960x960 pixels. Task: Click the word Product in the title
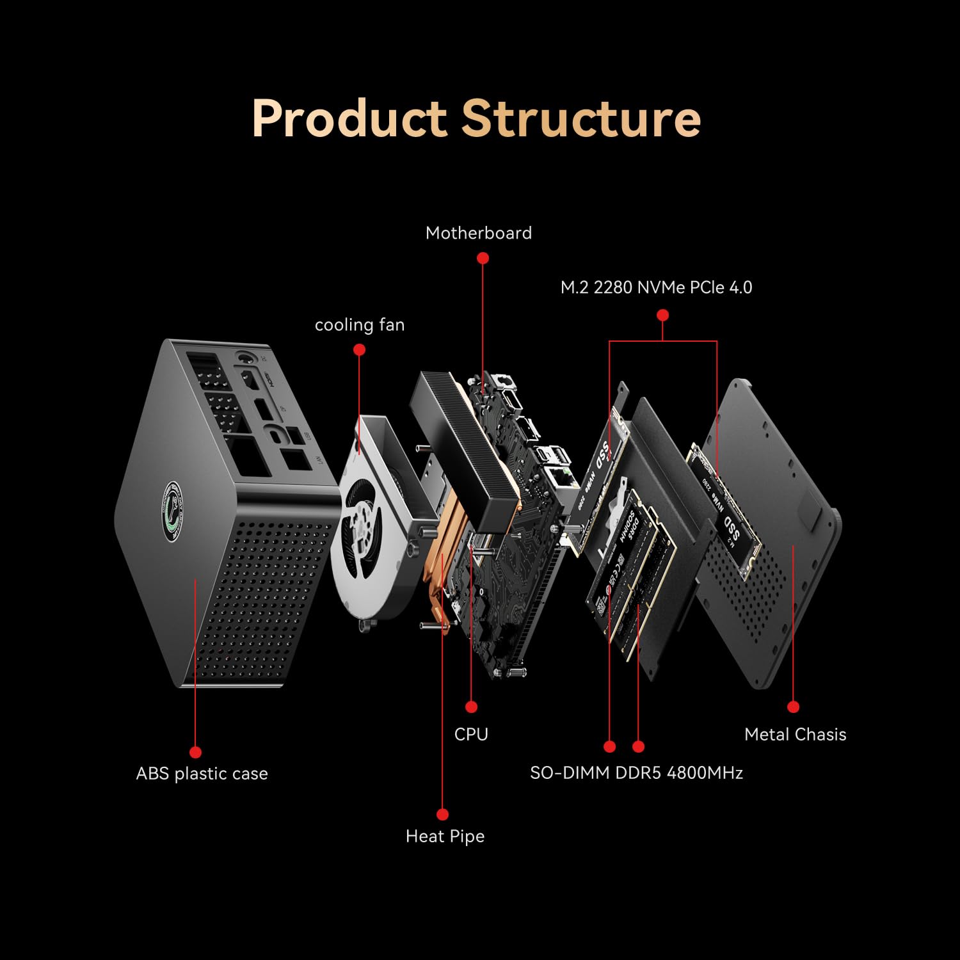(349, 119)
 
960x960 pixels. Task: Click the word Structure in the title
(580, 119)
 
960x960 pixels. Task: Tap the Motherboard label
(479, 233)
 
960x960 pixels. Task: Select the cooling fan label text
(360, 325)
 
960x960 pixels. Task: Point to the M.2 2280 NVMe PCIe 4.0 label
(656, 288)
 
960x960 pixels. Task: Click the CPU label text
(471, 734)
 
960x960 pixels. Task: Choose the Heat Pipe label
(445, 836)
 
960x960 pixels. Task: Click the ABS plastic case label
(202, 774)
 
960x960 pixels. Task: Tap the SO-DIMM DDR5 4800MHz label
(636, 773)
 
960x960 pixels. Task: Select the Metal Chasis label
(795, 735)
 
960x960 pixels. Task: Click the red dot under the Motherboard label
(483, 258)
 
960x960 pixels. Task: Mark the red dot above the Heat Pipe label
(442, 814)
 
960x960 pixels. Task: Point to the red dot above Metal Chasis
(794, 707)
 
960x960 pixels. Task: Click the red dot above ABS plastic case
(196, 752)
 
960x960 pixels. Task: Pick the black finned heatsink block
(464, 448)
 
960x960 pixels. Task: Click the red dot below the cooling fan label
(360, 349)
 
